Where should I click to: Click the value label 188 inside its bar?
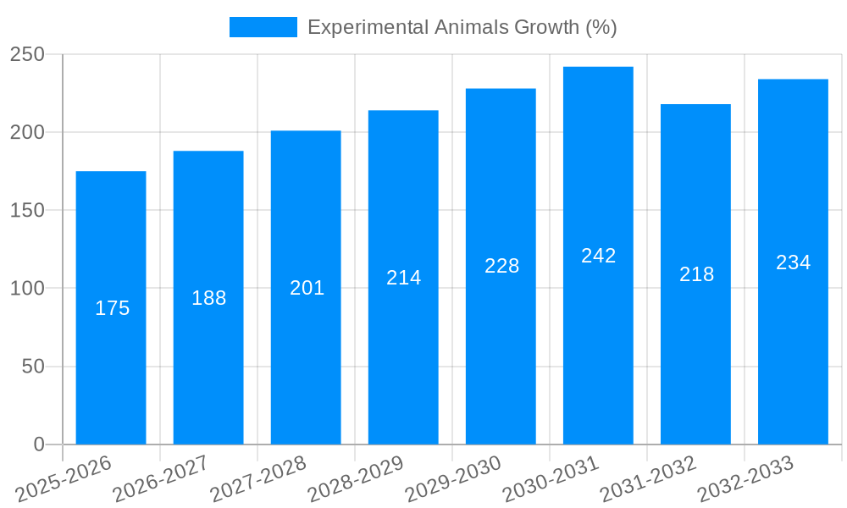tap(208, 298)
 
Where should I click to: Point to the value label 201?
tap(307, 288)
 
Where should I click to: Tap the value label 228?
tap(501, 266)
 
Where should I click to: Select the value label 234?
tap(793, 262)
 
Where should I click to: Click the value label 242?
tap(598, 256)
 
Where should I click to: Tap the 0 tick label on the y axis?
tap(38, 444)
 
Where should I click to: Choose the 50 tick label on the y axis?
tap(32, 367)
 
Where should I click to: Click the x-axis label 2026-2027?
tap(161, 479)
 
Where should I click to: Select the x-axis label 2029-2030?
tap(453, 479)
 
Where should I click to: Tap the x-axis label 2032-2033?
tap(745, 479)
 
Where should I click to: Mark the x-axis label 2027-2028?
tap(258, 479)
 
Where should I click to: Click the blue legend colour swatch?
tap(263, 27)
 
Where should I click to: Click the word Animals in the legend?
tap(470, 27)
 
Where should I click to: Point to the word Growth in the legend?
tap(547, 27)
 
